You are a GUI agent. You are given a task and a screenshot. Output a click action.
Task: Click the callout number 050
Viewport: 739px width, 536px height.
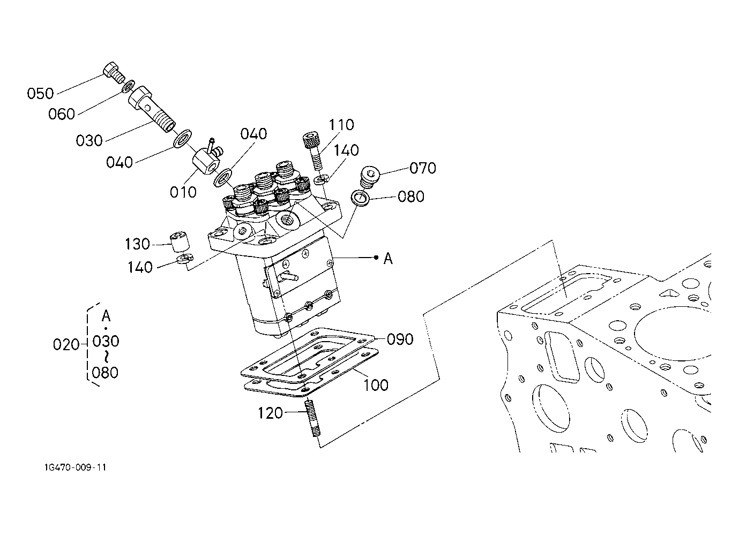40,94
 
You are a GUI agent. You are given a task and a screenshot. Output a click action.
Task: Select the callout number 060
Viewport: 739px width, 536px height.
62,114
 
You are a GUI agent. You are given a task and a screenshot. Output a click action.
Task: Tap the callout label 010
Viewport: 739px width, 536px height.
183,192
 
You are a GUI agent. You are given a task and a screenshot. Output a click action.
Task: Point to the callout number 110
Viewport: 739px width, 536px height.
341,125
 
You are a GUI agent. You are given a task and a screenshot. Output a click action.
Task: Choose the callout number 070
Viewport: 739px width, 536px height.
423,168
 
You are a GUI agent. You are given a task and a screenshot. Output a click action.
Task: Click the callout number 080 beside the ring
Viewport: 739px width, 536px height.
410,197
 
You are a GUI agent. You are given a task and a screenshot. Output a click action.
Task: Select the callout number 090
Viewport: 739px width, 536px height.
400,339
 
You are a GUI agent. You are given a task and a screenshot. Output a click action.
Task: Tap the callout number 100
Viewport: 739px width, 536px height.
376,385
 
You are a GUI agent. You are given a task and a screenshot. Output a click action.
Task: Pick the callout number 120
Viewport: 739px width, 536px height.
270,413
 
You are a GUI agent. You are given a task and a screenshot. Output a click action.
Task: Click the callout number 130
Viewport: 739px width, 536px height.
137,244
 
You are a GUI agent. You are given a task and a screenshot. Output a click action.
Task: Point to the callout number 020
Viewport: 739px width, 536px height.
66,345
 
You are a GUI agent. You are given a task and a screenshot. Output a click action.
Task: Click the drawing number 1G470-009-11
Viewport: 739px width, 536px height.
76,467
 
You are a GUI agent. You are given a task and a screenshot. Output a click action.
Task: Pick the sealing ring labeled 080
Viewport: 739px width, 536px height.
360,198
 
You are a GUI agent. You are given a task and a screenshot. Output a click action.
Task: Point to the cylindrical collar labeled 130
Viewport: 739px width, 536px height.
180,241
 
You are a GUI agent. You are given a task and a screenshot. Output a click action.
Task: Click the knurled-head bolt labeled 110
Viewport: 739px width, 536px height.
313,151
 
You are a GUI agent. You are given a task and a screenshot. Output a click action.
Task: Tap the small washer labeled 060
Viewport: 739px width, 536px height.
128,86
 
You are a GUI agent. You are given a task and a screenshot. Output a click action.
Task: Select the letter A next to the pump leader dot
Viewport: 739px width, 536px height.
388,259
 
